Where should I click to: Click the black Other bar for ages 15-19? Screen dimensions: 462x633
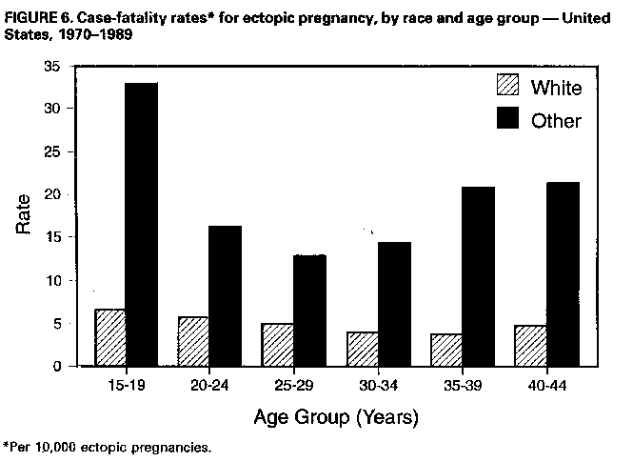(x=142, y=224)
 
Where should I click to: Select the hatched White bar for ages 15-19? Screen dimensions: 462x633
(x=109, y=337)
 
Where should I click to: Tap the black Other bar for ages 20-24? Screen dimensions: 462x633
(x=226, y=295)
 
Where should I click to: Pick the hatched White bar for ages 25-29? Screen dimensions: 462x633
(x=277, y=345)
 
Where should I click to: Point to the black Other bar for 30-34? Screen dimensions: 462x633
(x=393, y=304)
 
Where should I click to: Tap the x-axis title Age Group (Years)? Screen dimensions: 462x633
(x=335, y=416)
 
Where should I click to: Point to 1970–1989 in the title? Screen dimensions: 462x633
(x=91, y=34)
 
